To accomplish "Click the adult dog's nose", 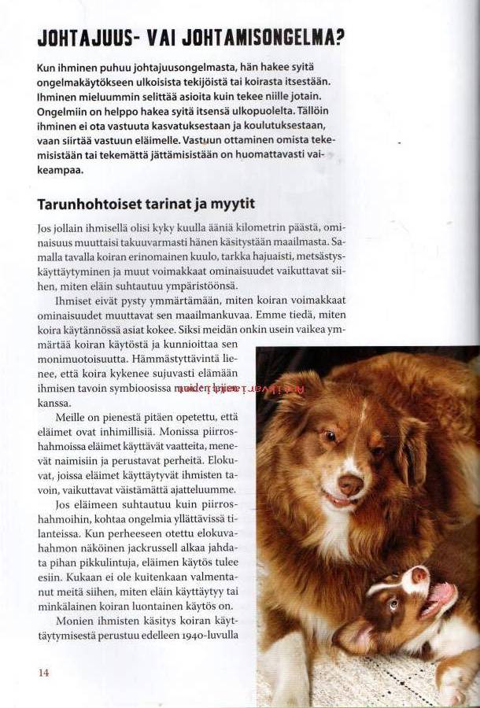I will coord(351,485).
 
